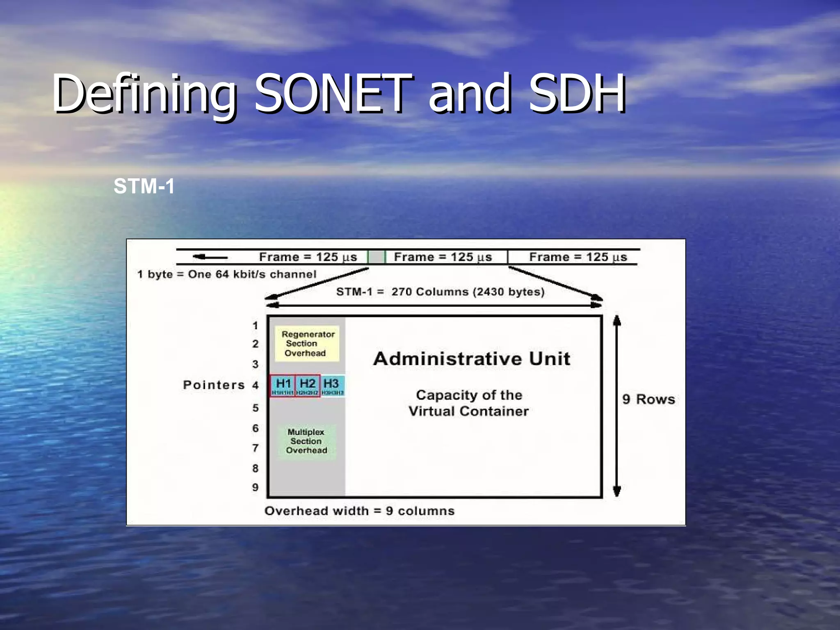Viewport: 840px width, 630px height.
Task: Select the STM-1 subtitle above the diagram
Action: [x=144, y=186]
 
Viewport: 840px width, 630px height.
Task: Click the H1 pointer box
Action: [x=283, y=386]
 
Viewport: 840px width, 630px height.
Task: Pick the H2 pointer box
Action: [x=308, y=386]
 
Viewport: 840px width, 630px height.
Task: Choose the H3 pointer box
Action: [x=332, y=386]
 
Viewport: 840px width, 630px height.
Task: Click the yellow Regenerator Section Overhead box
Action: [x=307, y=344]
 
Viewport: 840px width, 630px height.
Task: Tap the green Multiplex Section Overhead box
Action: [x=306, y=441]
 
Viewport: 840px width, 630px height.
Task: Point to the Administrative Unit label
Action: [x=472, y=359]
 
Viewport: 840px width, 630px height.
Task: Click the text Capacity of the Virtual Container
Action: [x=469, y=403]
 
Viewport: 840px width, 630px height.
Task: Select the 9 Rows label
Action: [x=648, y=399]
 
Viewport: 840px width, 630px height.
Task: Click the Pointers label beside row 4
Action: [x=214, y=385]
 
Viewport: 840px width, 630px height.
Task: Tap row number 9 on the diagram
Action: [x=255, y=487]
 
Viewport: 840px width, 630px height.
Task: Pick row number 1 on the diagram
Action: [x=255, y=326]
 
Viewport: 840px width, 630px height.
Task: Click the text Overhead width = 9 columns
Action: [x=359, y=511]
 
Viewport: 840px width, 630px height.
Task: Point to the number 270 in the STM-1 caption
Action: [x=401, y=292]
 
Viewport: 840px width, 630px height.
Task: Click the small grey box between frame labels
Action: [x=376, y=257]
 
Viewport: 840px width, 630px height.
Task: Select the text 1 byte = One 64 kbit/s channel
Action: [x=227, y=274]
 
